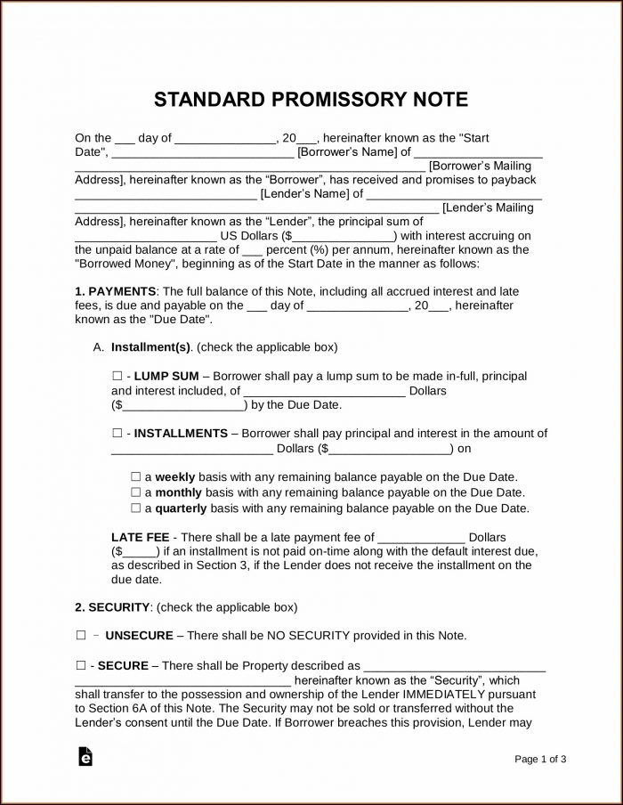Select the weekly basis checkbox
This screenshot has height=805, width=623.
pyautogui.click(x=135, y=476)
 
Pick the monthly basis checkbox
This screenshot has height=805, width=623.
pyautogui.click(x=135, y=492)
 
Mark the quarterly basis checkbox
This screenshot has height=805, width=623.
pyautogui.click(x=135, y=508)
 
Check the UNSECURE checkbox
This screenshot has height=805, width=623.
pyautogui.click(x=80, y=636)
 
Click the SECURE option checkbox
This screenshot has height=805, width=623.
pyautogui.click(x=80, y=665)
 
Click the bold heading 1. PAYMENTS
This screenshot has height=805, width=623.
pyautogui.click(x=116, y=291)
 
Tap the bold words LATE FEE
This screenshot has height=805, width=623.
pyautogui.click(x=141, y=538)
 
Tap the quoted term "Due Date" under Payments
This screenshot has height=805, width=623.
pyautogui.click(x=181, y=319)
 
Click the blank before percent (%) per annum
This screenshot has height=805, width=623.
pyautogui.click(x=255, y=250)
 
